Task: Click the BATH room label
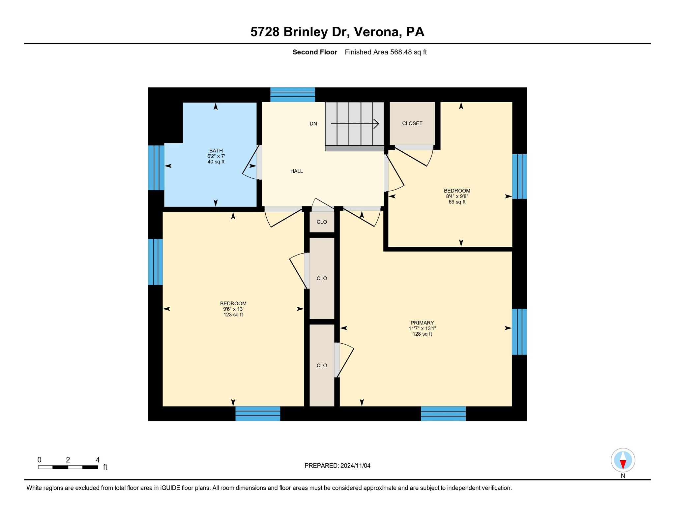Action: pyautogui.click(x=216, y=151)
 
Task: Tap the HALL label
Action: pyautogui.click(x=296, y=171)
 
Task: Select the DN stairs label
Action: pyautogui.click(x=313, y=124)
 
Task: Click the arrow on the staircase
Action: pyautogui.click(x=355, y=124)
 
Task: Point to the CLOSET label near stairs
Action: pyautogui.click(x=412, y=123)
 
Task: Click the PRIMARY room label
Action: pyautogui.click(x=422, y=323)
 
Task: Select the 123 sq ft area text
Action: pyautogui.click(x=233, y=315)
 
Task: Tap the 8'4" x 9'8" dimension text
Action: pyautogui.click(x=457, y=196)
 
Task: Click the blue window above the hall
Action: pyautogui.click(x=292, y=95)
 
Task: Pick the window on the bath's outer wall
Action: pyautogui.click(x=156, y=168)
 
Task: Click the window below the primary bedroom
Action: pyautogui.click(x=443, y=414)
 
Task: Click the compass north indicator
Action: pyautogui.click(x=623, y=460)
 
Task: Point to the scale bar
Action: pyautogui.click(x=68, y=467)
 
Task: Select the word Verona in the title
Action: pyautogui.click(x=376, y=32)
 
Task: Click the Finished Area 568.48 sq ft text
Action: pyautogui.click(x=386, y=52)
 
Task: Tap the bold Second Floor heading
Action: pyautogui.click(x=314, y=52)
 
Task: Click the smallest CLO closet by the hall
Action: pyautogui.click(x=322, y=222)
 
